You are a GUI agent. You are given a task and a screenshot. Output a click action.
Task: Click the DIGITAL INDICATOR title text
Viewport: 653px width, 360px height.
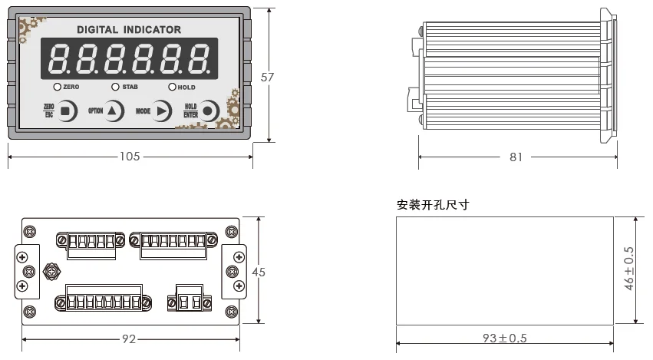129,30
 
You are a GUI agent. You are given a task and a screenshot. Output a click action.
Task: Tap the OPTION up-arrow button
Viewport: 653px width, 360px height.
114,111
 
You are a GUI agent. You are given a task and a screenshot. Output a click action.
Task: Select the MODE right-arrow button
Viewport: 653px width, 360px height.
162,111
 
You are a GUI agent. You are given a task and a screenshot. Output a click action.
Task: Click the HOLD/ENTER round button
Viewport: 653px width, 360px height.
209,111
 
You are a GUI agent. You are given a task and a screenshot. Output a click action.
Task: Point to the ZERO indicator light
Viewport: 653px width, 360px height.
58,87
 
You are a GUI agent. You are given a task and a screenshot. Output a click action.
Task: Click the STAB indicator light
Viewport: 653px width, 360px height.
116,87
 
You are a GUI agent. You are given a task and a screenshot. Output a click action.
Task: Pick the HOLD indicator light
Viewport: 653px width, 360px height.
172,87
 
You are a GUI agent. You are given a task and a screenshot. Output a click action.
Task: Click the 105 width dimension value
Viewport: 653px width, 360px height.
130,157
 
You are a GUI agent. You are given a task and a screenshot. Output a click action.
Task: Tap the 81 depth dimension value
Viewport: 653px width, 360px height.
516,157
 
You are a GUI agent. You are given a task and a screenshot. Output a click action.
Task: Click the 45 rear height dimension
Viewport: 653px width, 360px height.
259,272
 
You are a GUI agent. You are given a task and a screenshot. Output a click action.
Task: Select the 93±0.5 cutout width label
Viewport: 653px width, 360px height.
505,339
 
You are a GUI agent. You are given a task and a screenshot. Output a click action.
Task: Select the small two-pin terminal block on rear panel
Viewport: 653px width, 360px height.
188,296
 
